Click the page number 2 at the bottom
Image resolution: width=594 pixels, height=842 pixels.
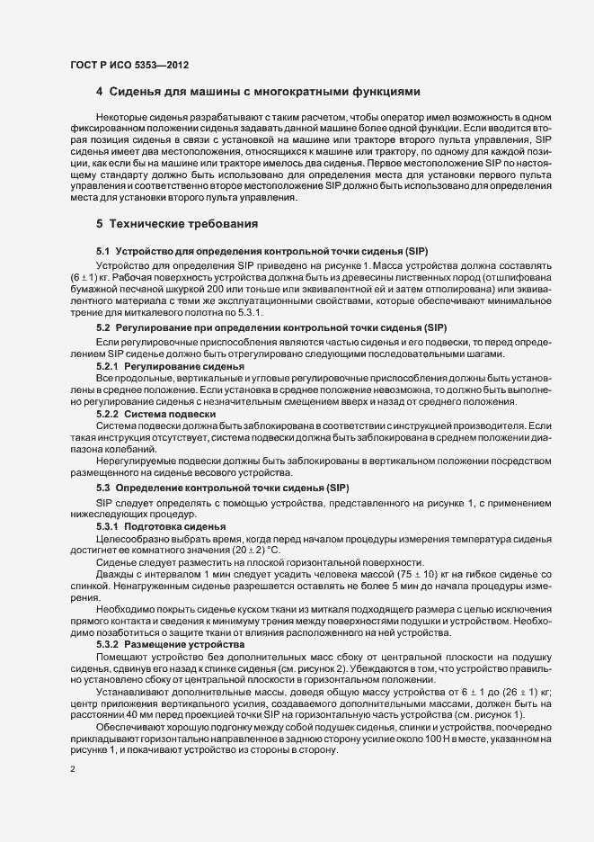coord(73,770)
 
